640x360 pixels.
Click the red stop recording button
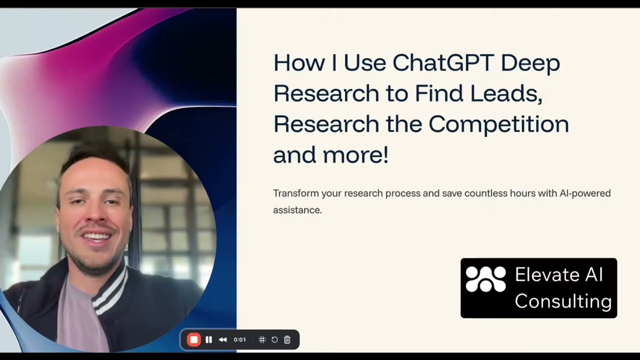pyautogui.click(x=193, y=339)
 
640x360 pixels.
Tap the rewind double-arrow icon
pyautogui.click(x=223, y=339)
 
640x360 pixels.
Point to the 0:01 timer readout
pyautogui.click(x=240, y=339)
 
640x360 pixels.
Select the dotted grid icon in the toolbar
pyautogui.click(x=261, y=339)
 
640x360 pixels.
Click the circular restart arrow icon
pyautogui.click(x=274, y=339)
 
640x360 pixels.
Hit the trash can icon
pyautogui.click(x=287, y=339)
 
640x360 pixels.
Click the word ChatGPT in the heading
pyautogui.click(x=442, y=63)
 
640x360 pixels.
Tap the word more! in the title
pyautogui.click(x=355, y=154)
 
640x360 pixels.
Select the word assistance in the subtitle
pyautogui.click(x=297, y=210)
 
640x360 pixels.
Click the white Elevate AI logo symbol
pyautogui.click(x=485, y=279)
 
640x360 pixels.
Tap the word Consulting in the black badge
pyautogui.click(x=563, y=301)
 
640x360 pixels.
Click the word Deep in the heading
pyautogui.click(x=530, y=63)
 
